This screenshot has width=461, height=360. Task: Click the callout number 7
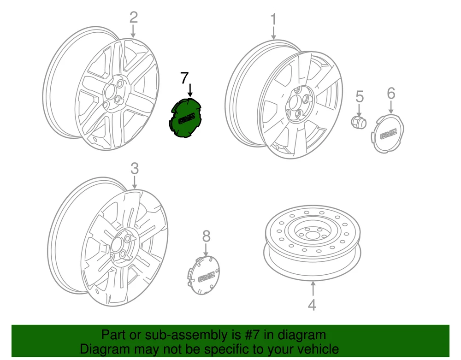[184, 78]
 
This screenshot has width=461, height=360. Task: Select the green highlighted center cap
[185, 118]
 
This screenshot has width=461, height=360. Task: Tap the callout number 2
[134, 18]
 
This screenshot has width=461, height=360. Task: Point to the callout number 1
[274, 19]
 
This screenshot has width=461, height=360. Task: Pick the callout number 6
[391, 94]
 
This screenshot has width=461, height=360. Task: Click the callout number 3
[134, 169]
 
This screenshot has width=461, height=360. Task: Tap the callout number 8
[207, 236]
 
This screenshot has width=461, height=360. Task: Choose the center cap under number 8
[204, 275]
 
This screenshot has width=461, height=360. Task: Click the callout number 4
[312, 305]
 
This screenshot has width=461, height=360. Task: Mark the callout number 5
[360, 96]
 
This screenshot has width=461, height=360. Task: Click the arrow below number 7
[190, 90]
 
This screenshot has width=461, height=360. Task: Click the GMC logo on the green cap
[187, 119]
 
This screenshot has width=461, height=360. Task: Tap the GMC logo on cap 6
[389, 134]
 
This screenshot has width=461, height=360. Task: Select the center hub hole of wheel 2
[112, 91]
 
